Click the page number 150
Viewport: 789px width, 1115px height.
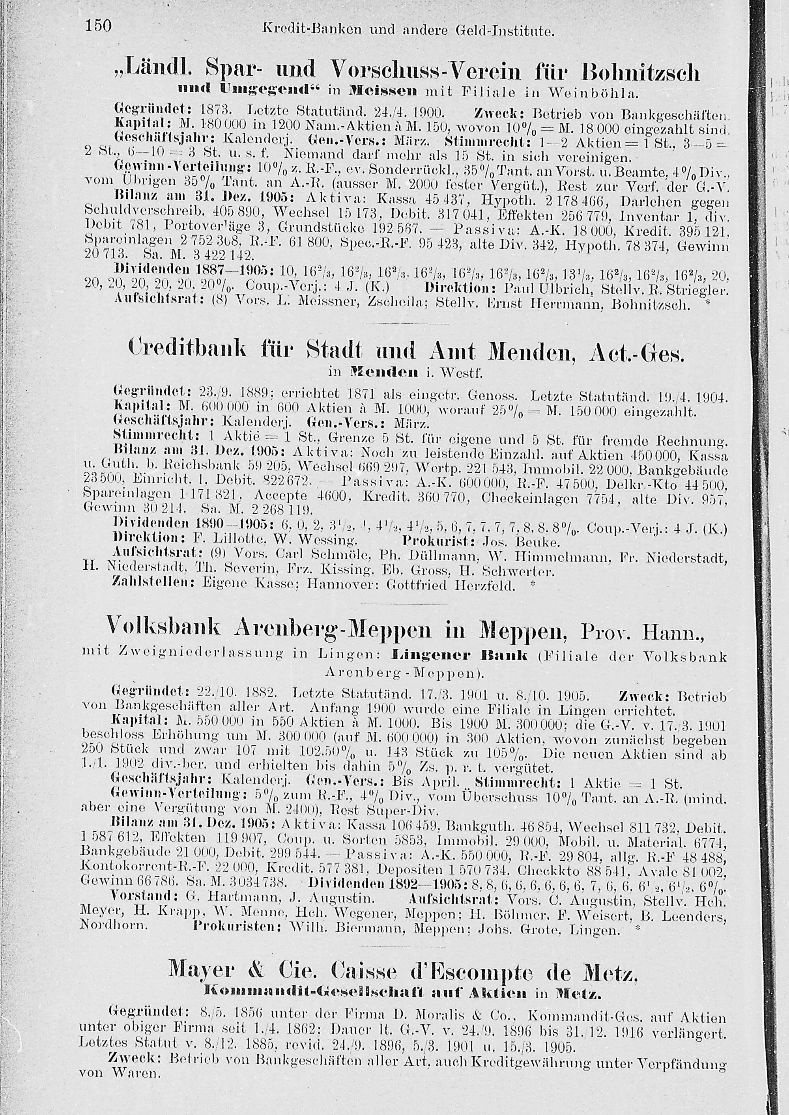pos(99,26)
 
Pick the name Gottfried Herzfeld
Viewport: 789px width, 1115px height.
pos(451,585)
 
